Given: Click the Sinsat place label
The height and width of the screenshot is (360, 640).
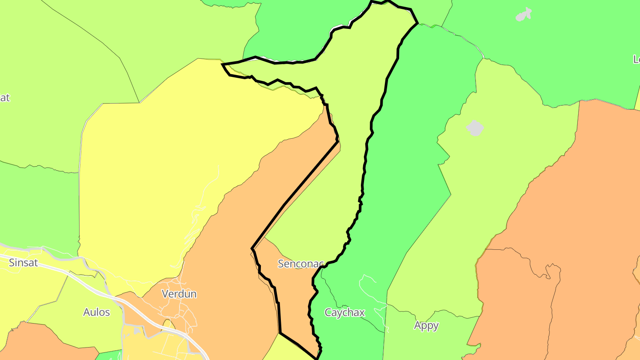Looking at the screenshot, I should pos(24,263).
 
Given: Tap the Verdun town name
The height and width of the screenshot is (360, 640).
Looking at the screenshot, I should pos(179,294).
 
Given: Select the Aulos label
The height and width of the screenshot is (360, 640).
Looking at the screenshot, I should pos(96,312).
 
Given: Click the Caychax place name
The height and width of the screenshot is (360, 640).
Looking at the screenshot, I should pos(344,313).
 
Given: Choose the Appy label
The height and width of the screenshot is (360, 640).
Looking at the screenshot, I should pos(426,326).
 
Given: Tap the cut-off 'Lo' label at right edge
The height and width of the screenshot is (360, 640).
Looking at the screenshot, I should pos(636,59).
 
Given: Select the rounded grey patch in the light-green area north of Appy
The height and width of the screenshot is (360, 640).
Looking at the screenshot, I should pos(475,128).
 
